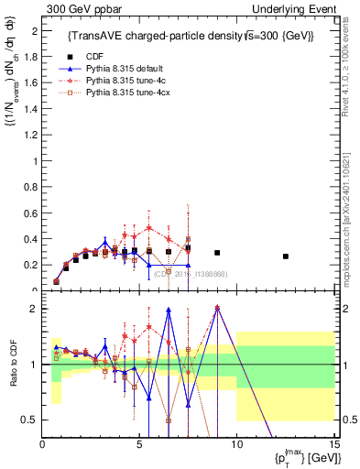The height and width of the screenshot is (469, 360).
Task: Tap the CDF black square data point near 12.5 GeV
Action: click(x=286, y=256)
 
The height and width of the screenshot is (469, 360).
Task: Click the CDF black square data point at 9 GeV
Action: click(x=217, y=253)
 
